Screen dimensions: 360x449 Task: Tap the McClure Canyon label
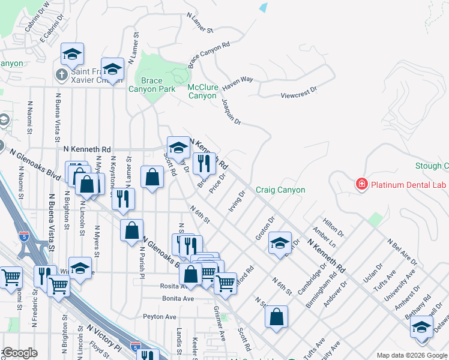pos(202,91)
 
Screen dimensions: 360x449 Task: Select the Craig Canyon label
pos(280,190)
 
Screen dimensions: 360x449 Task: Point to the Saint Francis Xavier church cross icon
pos(61,76)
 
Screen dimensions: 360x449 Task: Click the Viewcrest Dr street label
pos(298,95)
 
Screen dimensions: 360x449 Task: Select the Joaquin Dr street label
pos(231,112)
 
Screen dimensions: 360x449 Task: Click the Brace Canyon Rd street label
pos(209,55)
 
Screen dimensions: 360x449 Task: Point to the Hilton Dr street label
pos(332,228)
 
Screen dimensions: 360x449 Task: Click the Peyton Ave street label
pos(159,316)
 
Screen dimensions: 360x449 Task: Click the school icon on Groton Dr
pos(280,244)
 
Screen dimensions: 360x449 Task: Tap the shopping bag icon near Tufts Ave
pos(276,317)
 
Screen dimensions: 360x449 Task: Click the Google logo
pos(20,353)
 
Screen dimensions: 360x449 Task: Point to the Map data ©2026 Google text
pos(411,355)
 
